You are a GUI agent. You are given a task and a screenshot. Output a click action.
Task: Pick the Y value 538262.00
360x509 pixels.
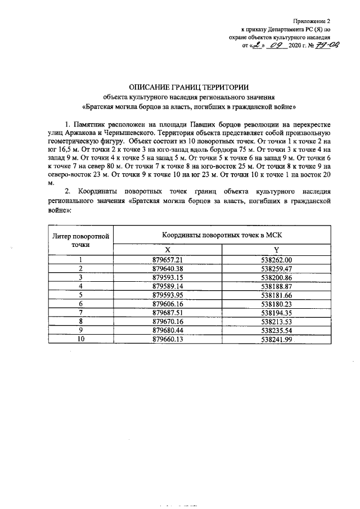point(277,259)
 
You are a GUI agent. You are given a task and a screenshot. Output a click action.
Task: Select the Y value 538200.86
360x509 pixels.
point(277,277)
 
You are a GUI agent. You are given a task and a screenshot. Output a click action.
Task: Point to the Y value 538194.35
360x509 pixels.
point(277,313)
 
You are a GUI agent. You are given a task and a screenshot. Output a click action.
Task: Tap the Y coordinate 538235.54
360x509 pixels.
point(277,330)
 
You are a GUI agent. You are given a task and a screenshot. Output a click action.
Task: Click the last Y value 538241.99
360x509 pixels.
point(277,339)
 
